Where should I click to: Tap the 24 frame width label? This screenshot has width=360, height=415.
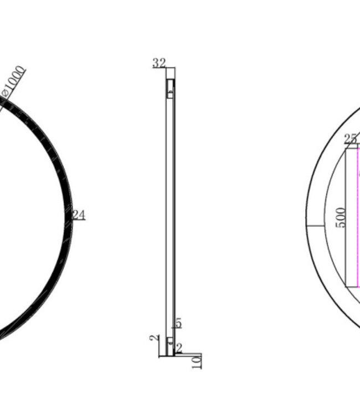coord(79,215)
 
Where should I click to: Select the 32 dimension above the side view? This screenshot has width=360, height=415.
coord(159,63)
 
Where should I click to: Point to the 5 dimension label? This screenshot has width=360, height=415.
coord(178,323)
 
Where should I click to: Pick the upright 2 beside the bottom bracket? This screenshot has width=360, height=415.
coord(178,349)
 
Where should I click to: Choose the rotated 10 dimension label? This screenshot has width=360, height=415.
coord(198,361)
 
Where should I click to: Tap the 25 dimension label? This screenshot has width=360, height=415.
coord(350,139)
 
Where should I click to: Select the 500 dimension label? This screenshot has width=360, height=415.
coord(341,217)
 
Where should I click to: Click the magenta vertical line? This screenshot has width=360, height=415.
coord(358,221)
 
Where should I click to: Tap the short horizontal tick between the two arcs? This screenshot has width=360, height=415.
coord(315,226)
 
